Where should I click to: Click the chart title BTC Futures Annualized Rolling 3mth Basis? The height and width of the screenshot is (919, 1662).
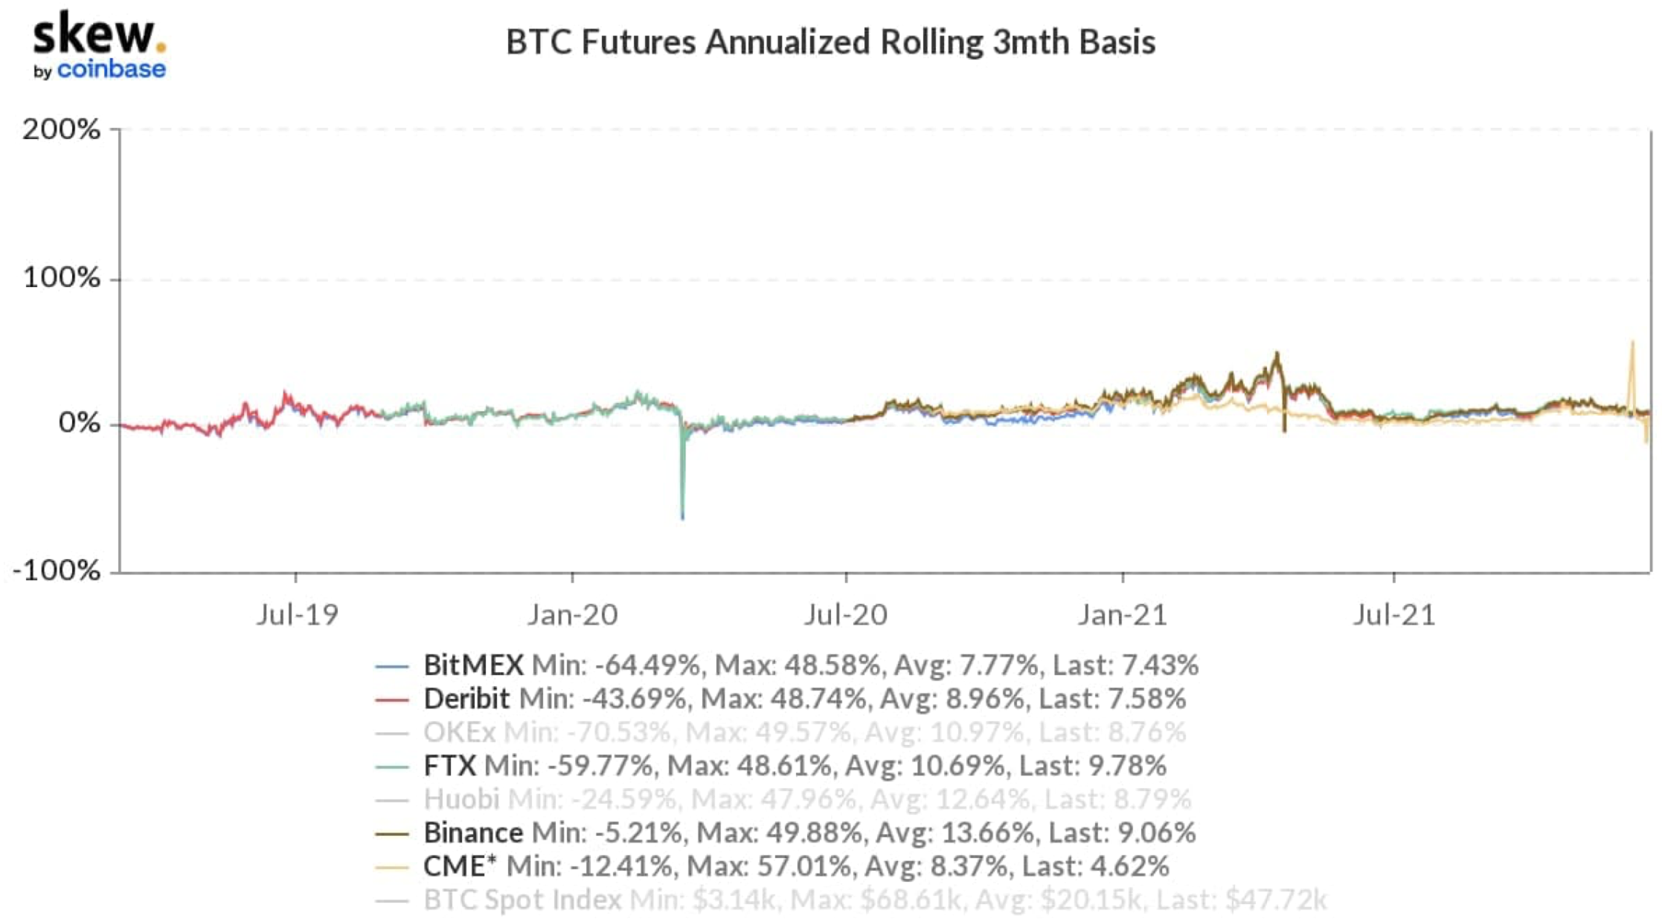point(830,42)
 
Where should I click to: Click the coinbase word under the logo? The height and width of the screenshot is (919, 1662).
point(112,70)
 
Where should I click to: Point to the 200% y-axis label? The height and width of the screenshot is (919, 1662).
point(61,129)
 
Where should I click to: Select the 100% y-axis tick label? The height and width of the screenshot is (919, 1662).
point(61,278)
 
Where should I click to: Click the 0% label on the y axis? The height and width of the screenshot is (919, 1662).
point(79,423)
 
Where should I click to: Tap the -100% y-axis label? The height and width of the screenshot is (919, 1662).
point(57,571)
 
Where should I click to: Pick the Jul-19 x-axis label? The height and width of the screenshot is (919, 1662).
point(297,615)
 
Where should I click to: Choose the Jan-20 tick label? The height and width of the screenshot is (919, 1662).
point(572,615)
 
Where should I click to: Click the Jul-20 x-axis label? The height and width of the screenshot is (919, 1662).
point(846,615)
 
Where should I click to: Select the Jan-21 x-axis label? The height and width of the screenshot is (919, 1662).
point(1123,615)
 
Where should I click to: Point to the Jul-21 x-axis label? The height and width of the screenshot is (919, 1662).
point(1393,615)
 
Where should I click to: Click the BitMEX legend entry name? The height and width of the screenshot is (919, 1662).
point(473,665)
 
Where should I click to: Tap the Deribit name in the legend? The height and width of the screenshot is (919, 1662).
point(466,699)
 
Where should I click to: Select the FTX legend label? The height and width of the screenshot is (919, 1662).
point(449,766)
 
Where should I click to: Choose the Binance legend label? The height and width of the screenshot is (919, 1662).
point(473,833)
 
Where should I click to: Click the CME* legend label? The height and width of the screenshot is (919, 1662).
point(460,866)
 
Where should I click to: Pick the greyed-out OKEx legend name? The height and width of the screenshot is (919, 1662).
point(459,732)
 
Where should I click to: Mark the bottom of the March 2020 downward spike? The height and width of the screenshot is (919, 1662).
point(682,517)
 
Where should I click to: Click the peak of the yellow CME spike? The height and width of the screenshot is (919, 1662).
point(1632,342)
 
